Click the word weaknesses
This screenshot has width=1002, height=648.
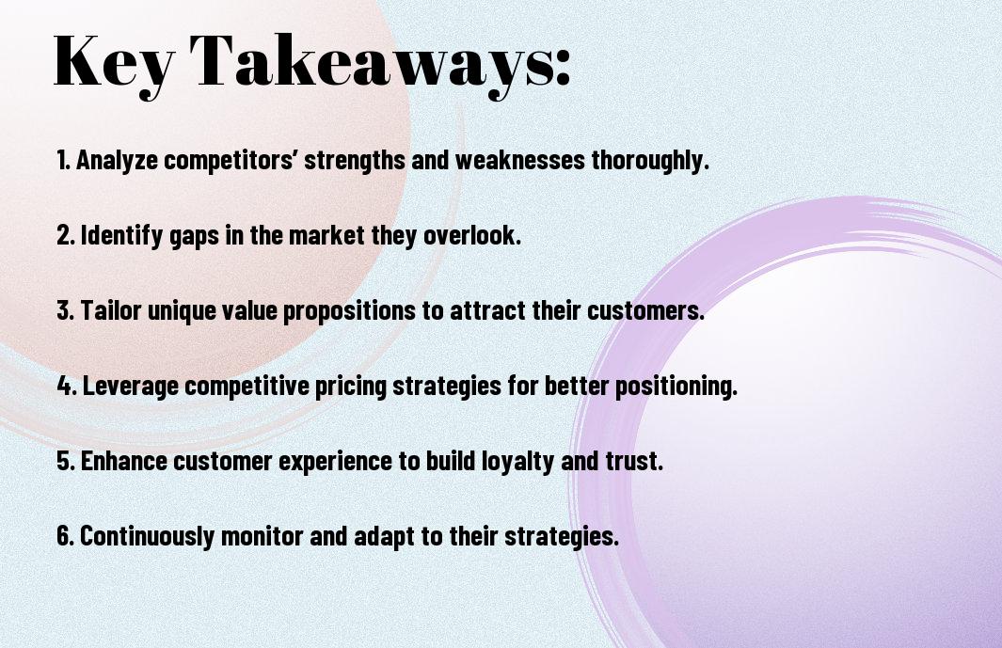tap(519, 160)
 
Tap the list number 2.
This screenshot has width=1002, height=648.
tap(66, 235)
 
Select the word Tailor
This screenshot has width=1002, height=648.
tap(111, 310)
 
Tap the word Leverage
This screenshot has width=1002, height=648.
tap(131, 387)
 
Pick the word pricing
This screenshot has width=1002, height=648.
tap(351, 387)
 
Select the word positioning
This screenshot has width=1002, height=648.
tap(676, 387)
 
